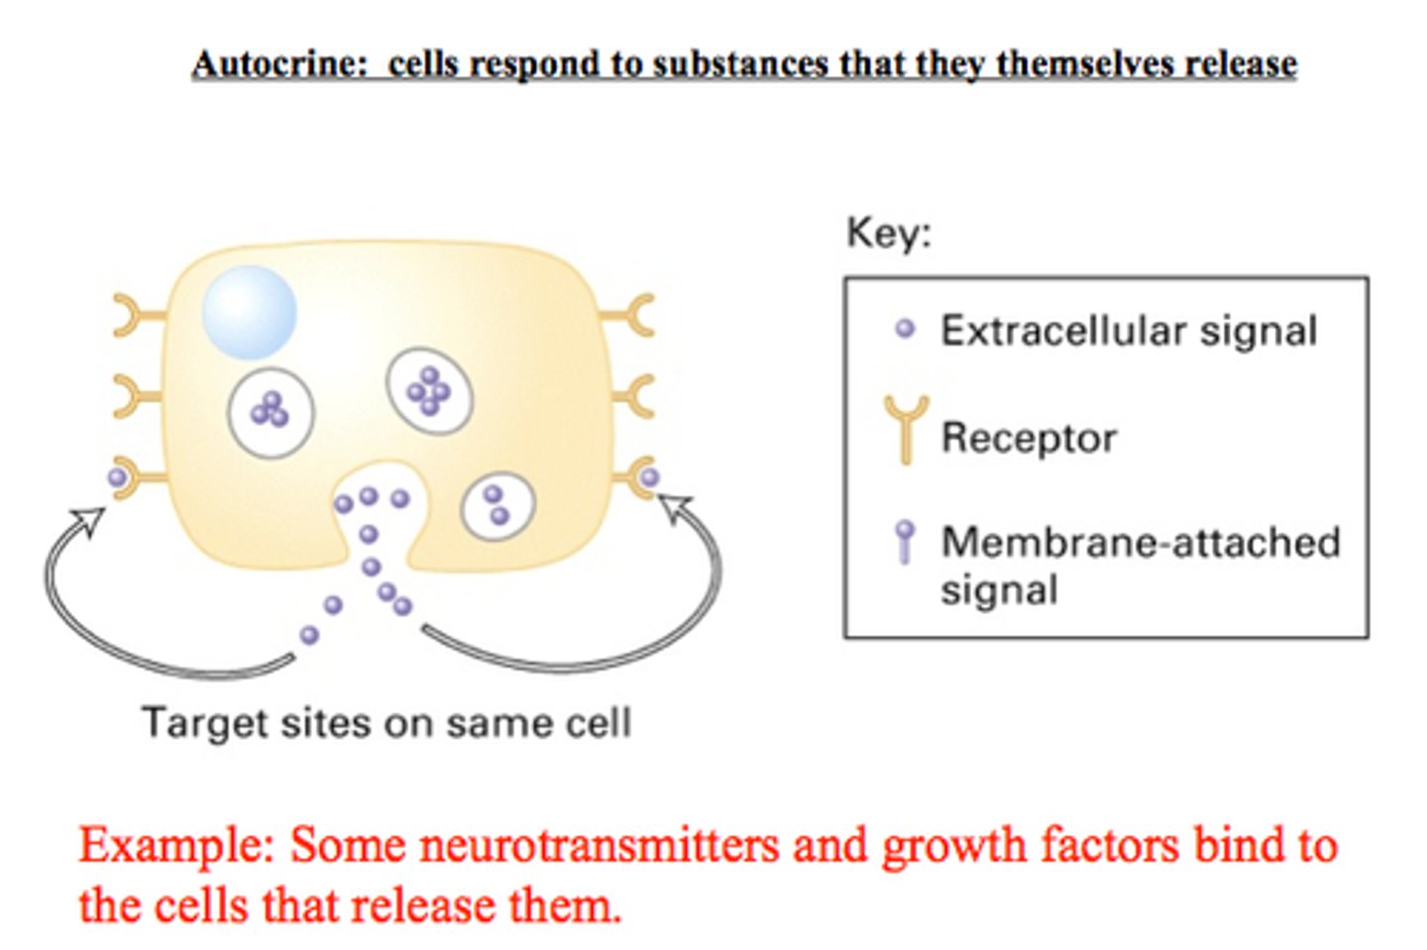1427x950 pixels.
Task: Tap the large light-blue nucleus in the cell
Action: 249,311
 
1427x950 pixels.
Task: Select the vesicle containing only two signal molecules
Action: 497,506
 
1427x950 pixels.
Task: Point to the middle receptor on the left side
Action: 135,396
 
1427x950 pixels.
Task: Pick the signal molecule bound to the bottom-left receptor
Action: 118,477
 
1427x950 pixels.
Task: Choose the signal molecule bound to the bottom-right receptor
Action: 649,477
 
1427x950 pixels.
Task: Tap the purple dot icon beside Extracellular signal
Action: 905,329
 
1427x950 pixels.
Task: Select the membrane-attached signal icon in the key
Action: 904,541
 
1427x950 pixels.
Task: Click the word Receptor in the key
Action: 1029,438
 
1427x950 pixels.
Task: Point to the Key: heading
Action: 889,233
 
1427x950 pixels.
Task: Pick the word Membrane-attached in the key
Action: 1141,542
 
